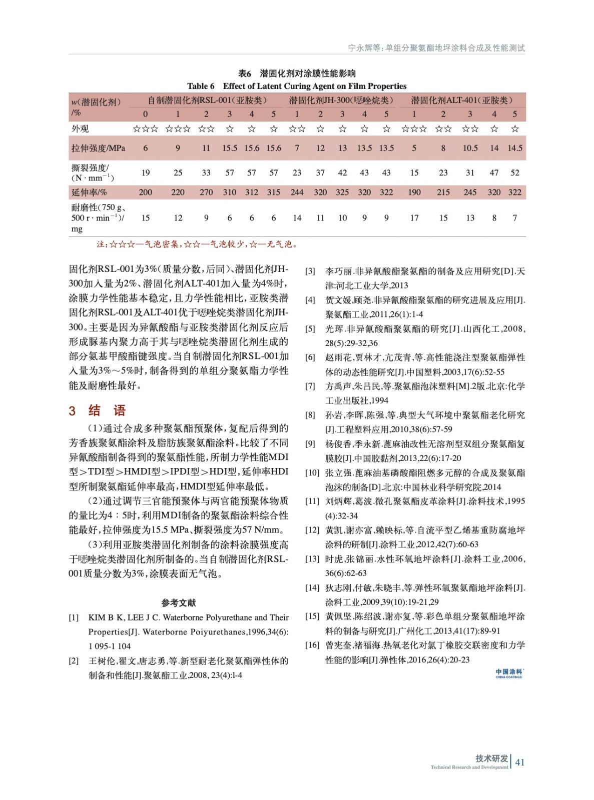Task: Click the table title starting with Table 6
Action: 297,86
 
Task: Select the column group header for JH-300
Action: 341,100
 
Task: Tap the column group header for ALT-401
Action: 462,100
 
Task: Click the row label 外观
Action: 80,129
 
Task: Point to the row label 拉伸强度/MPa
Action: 98,148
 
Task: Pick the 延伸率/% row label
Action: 89,192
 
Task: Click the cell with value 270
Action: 206,192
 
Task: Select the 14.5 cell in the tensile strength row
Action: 515,148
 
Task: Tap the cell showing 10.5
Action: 470,148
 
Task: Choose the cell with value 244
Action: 297,192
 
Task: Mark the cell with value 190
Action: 414,192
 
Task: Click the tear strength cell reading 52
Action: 515,173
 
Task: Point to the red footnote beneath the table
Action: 197,244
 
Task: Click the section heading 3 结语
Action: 97,411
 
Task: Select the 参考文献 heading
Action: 179,603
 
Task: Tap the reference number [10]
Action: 312,472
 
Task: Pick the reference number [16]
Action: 312,645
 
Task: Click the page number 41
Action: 520,762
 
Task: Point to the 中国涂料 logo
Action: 509,673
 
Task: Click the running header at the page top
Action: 436,48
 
